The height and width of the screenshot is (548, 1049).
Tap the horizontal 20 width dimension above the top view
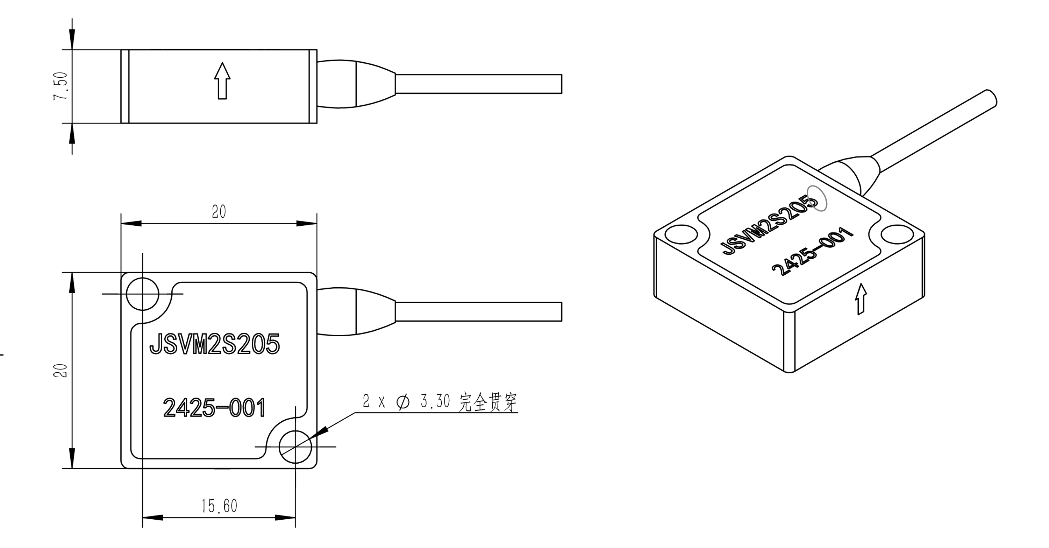tap(219, 212)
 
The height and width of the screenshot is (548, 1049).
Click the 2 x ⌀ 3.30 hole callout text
tap(406, 402)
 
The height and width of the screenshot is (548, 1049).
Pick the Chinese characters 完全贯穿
tap(487, 402)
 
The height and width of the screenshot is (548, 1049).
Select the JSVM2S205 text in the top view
tap(215, 344)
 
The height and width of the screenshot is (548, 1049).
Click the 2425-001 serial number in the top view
tap(215, 408)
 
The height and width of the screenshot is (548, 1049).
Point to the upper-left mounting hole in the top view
tap(142, 294)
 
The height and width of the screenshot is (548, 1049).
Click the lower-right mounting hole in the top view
tap(295, 447)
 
